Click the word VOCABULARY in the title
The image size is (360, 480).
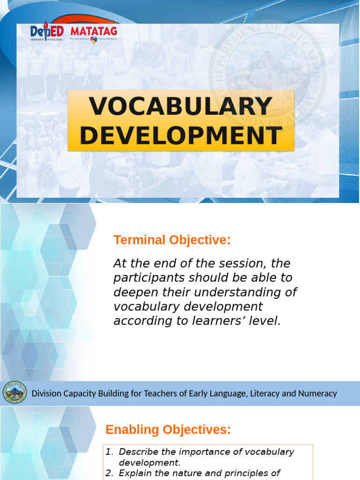click(x=181, y=106)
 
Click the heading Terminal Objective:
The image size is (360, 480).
click(x=172, y=240)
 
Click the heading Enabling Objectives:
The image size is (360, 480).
click(x=168, y=429)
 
